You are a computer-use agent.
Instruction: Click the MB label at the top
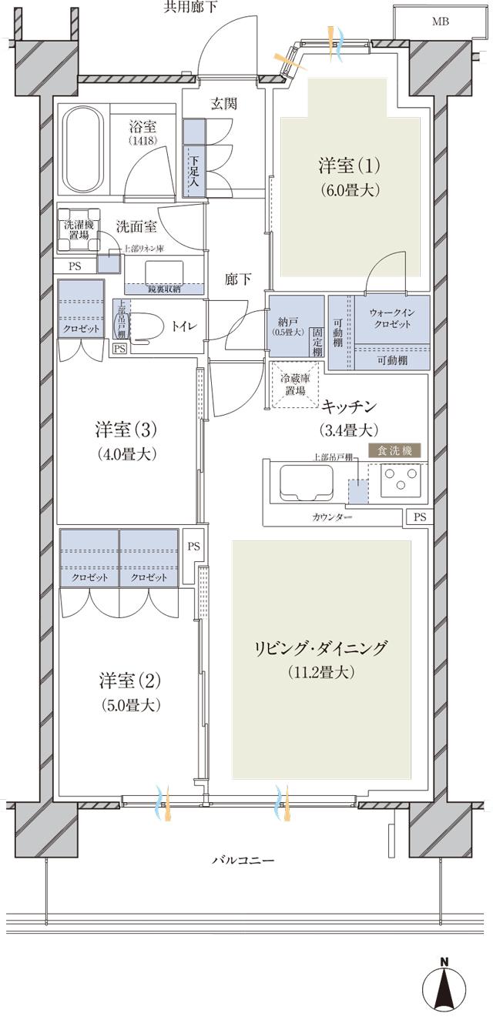coord(440,22)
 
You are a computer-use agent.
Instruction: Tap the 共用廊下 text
coord(191,8)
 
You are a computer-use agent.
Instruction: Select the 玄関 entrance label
coord(224,104)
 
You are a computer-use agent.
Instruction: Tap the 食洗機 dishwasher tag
coord(396,451)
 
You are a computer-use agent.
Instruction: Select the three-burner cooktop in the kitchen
coord(401,483)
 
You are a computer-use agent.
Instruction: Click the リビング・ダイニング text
coord(322,647)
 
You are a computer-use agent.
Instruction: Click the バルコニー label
coord(243,860)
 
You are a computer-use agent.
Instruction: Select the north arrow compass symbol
coord(444,988)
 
